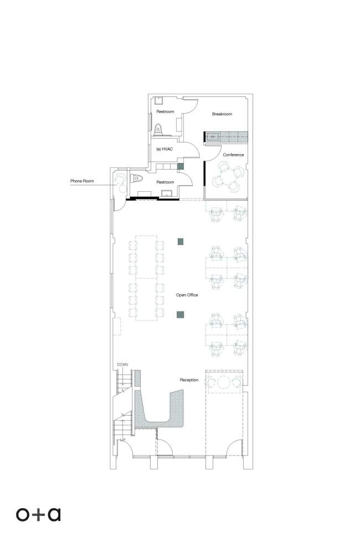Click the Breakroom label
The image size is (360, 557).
click(x=222, y=114)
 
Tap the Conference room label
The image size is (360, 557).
click(x=233, y=155)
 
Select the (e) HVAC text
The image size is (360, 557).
click(x=164, y=149)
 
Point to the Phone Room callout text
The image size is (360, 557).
click(x=82, y=181)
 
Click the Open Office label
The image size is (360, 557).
click(x=187, y=295)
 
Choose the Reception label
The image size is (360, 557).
click(x=189, y=380)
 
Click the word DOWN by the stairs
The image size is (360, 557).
click(x=122, y=365)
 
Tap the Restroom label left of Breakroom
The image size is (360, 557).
click(x=166, y=111)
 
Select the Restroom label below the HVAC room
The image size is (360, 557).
click(x=166, y=182)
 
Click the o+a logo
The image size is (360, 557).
click(x=38, y=514)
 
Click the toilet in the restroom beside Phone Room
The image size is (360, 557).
click(x=137, y=178)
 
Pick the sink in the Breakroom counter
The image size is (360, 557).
click(x=213, y=136)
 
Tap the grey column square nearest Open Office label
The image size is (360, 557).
click(x=181, y=314)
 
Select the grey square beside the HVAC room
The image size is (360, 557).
click(x=181, y=166)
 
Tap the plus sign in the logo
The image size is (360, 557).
click(x=38, y=515)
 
